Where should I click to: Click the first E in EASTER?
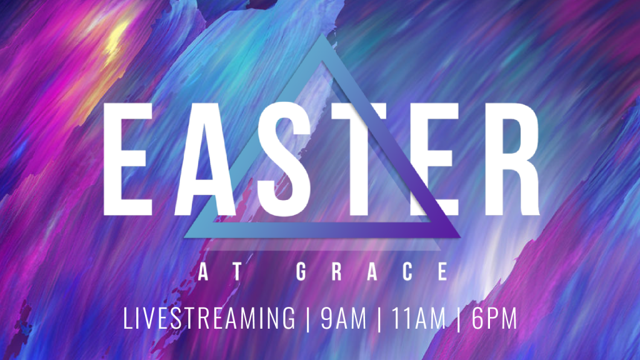(x=127, y=159)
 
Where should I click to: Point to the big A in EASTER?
(x=205, y=159)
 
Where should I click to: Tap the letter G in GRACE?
(x=301, y=272)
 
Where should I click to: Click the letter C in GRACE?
(x=407, y=272)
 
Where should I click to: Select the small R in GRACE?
(x=337, y=272)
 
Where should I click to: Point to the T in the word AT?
(x=237, y=272)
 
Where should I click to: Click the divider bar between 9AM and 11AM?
(x=380, y=319)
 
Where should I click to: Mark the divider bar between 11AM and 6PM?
(x=459, y=319)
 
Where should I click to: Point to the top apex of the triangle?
(x=322, y=34)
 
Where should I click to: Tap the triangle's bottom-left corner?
(x=185, y=237)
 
